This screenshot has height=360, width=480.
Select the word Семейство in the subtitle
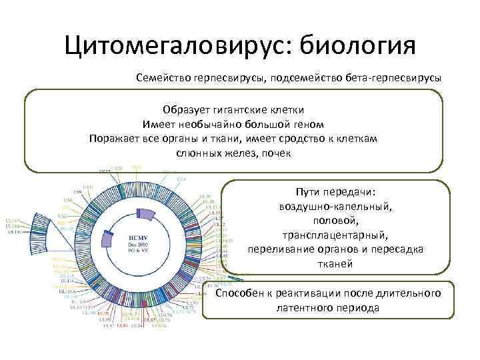tap(160, 78)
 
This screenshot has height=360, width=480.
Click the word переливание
tap(280, 249)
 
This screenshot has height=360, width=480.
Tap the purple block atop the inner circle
tap(143, 213)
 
